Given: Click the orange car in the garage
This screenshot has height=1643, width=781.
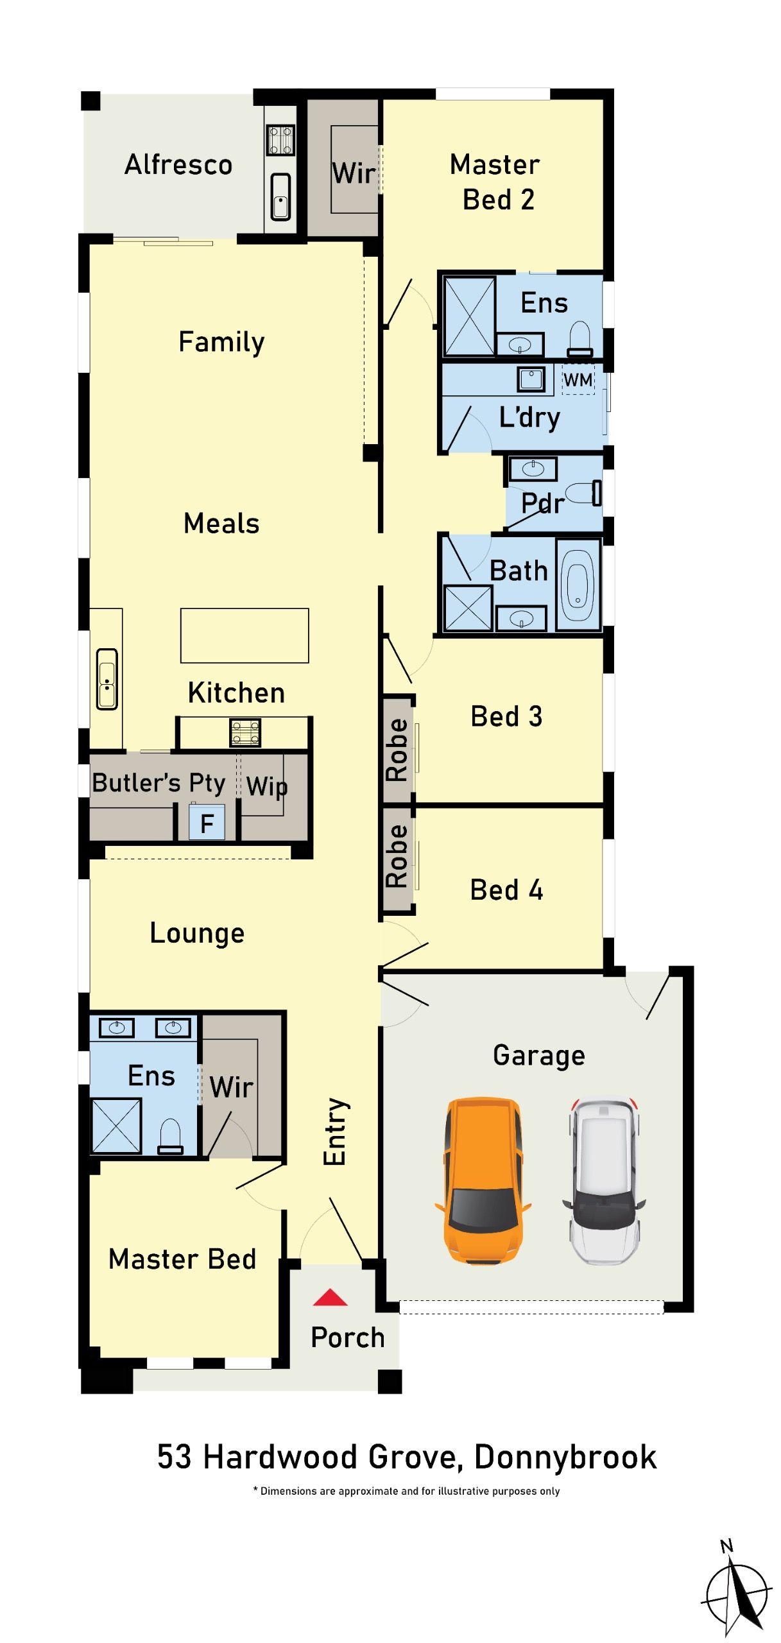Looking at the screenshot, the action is (x=483, y=1180).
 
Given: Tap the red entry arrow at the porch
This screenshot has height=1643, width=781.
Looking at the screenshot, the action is (x=330, y=1297).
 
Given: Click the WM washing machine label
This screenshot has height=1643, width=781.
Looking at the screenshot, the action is (x=578, y=380).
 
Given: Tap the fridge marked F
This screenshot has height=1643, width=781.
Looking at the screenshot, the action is (x=207, y=822).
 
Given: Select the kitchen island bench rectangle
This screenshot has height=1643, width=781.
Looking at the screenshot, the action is (x=245, y=635).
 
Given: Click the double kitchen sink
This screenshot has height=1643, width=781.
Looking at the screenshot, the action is (x=107, y=679).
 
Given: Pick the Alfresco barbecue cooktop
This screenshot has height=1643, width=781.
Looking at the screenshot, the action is (x=280, y=140).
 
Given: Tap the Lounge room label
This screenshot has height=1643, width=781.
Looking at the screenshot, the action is (x=197, y=933).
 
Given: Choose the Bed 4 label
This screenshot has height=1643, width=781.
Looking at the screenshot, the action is (x=506, y=890).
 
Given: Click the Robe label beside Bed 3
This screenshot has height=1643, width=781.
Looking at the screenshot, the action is (x=397, y=750).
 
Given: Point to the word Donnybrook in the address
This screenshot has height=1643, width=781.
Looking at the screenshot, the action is (x=565, y=1457).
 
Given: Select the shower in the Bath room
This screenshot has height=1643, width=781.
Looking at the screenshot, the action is (x=468, y=608).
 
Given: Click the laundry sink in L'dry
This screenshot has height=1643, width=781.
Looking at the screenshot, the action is (x=531, y=379).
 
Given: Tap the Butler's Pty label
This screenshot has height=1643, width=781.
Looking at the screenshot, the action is (x=159, y=783).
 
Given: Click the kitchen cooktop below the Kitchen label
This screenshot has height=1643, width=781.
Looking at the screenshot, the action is (x=245, y=732).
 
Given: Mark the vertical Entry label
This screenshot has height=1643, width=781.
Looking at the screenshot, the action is (x=335, y=1131).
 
